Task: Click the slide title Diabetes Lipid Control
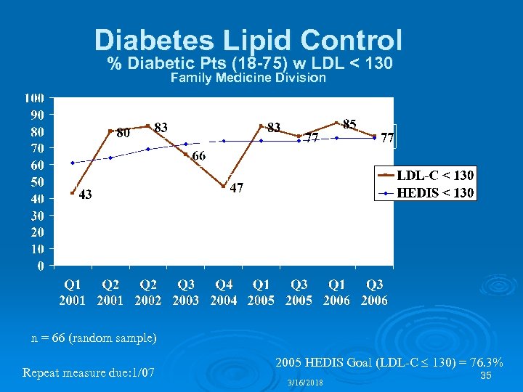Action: pyautogui.click(x=248, y=39)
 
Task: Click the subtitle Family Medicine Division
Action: pyautogui.click(x=248, y=78)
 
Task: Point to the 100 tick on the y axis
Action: pyautogui.click(x=34, y=98)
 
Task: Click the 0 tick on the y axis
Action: pyautogui.click(x=41, y=266)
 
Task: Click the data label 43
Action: pyautogui.click(x=85, y=195)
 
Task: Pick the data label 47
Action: pyautogui.click(x=236, y=188)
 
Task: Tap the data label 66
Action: pyautogui.click(x=198, y=156)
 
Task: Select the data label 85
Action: pyautogui.click(x=349, y=125)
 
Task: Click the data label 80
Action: pyautogui.click(x=123, y=133)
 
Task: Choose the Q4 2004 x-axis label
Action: pyautogui.click(x=224, y=293)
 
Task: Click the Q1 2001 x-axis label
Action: pyautogui.click(x=73, y=293)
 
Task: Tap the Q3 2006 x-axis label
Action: pyautogui.click(x=375, y=293)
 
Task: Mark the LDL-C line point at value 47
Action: pyautogui.click(x=224, y=187)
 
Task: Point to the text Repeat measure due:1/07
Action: pyautogui.click(x=89, y=373)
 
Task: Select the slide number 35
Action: pyautogui.click(x=487, y=375)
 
